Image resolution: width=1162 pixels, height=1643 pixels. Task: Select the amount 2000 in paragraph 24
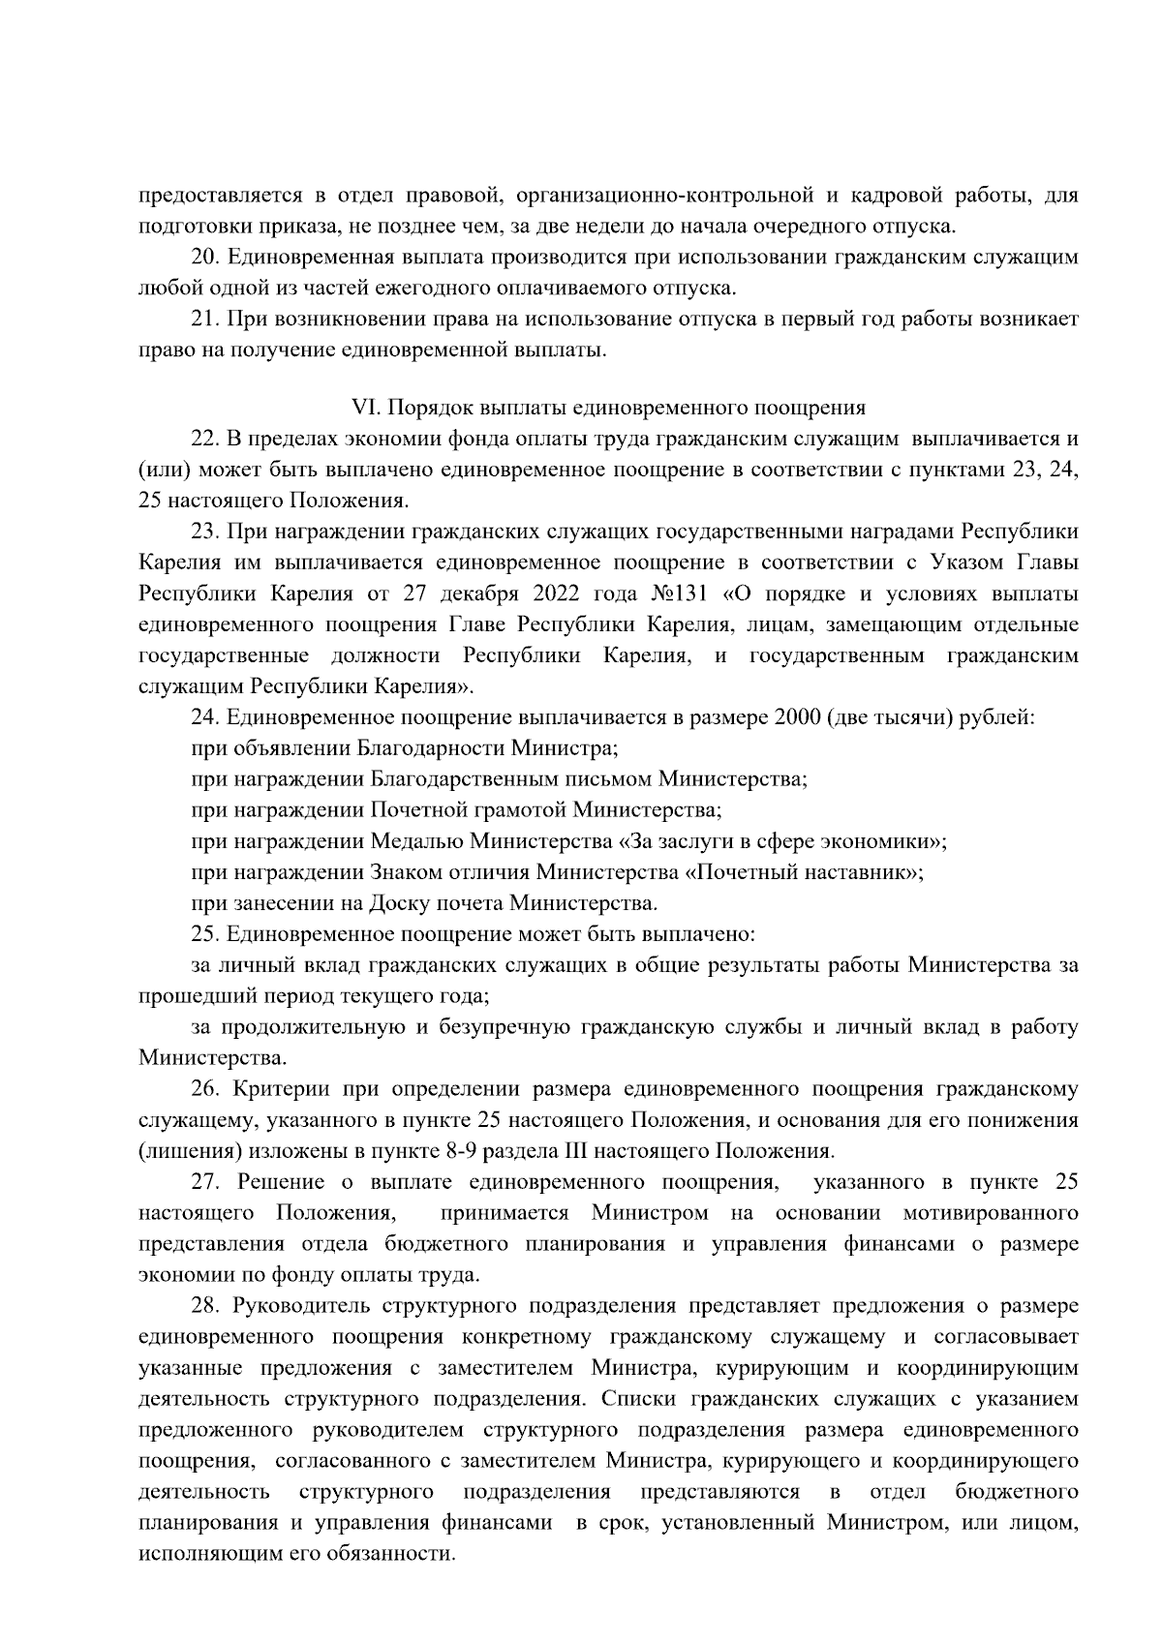coord(798,717)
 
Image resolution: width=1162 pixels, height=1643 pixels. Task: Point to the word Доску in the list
coord(399,903)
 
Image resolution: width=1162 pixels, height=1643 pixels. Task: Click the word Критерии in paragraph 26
coord(278,1089)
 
